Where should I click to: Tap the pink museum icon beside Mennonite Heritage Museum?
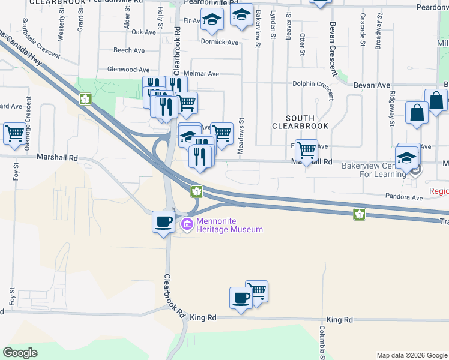(186, 225)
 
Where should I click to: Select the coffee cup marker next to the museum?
(163, 222)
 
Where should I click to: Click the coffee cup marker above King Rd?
(241, 298)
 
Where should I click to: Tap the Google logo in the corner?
(20, 353)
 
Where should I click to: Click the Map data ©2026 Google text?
(411, 355)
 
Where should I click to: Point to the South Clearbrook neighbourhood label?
(300, 122)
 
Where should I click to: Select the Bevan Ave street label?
(372, 85)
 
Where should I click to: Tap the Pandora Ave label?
(408, 197)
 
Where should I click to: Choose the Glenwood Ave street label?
(128, 70)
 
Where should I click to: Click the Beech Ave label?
(126, 50)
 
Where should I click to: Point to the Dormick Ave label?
(220, 42)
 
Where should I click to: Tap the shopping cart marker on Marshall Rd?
(307, 150)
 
